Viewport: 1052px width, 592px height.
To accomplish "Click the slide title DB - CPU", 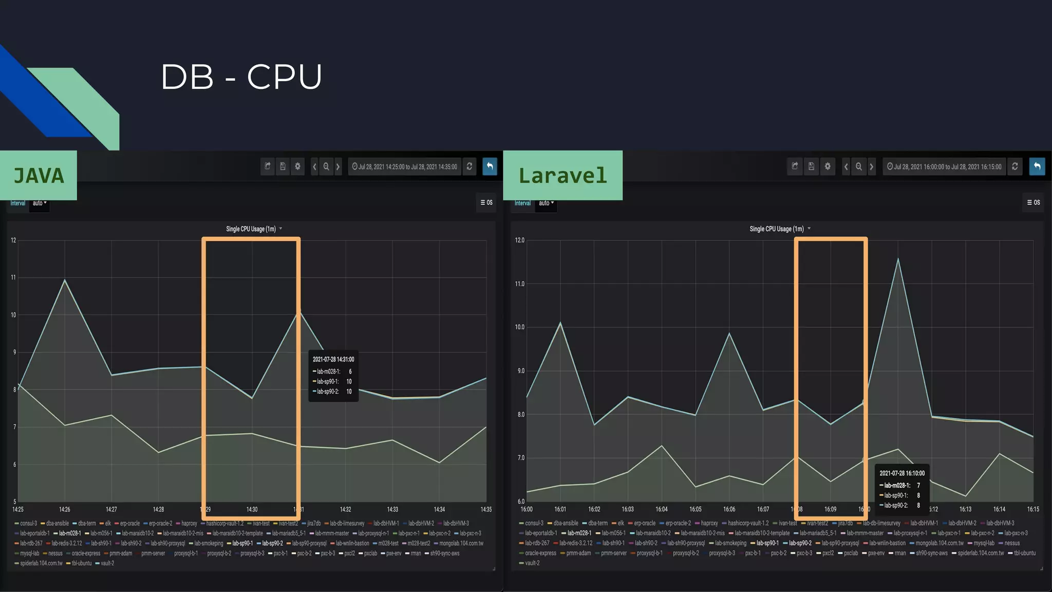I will [241, 77].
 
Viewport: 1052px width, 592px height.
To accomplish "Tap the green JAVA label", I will [39, 176].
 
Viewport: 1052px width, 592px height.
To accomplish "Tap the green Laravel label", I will [562, 176].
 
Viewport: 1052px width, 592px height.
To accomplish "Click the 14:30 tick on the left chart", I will [252, 509].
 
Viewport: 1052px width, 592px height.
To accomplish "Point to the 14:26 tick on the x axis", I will [65, 509].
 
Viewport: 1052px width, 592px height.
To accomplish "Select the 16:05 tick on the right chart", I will [695, 509].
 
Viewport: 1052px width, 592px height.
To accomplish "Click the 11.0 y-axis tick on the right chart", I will [520, 284].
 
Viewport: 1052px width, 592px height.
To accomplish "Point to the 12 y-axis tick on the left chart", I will [13, 240].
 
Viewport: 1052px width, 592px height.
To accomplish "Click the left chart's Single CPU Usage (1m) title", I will [251, 229].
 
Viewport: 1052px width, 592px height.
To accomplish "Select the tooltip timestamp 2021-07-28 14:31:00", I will [333, 359].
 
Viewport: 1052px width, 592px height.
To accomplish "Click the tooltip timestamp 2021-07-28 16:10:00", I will [901, 473].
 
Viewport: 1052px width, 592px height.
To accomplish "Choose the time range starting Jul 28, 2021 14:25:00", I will [405, 166].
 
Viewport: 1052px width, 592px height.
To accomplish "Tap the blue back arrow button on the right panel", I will [1037, 166].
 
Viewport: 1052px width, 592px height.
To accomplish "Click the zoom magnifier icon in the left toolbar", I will [326, 166].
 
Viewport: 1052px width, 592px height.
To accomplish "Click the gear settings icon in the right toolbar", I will [828, 166].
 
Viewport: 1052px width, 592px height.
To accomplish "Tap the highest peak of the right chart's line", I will [898, 259].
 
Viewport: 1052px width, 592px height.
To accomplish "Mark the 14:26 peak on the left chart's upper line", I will [65, 280].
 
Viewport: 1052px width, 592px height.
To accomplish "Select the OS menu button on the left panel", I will [486, 202].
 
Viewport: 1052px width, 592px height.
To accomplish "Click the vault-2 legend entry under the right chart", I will [530, 563].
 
